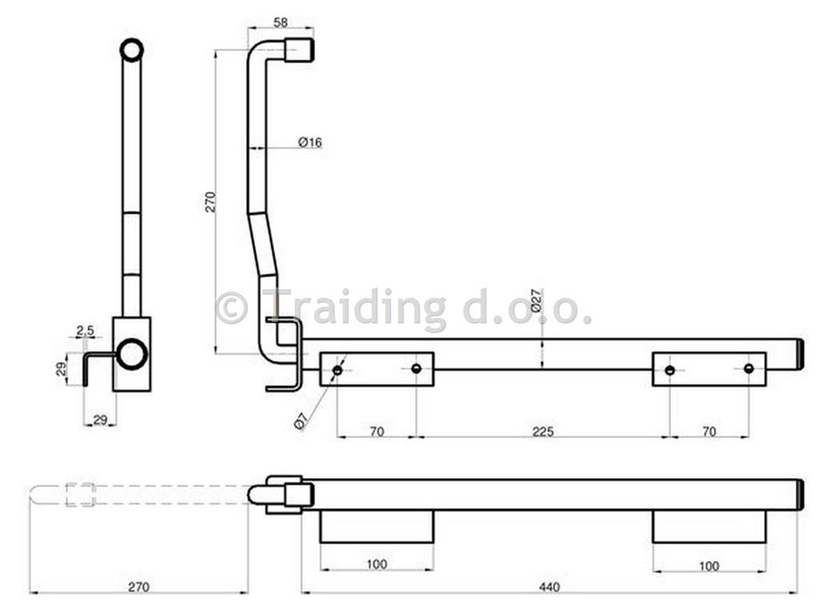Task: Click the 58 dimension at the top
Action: click(280, 22)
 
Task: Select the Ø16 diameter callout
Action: click(310, 143)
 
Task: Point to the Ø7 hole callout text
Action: click(301, 421)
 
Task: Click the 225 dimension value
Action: click(543, 432)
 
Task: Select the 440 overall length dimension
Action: click(549, 587)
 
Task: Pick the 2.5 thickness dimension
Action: click(85, 331)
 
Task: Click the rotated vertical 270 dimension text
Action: click(210, 202)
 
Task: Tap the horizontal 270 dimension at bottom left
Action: click(139, 587)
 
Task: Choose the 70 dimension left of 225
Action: click(376, 432)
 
